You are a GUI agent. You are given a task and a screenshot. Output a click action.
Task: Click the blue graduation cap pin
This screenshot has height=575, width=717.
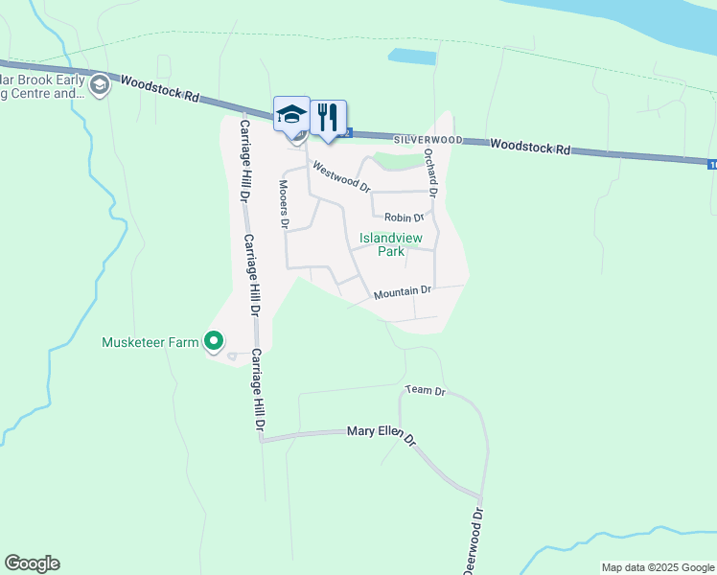(x=291, y=115)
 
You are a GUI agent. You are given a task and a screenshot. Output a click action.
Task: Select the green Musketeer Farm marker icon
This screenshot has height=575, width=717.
(x=214, y=341)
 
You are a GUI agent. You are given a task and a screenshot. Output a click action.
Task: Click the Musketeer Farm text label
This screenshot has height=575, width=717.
(x=150, y=342)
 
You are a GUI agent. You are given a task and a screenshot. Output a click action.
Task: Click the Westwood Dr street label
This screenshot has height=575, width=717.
(x=341, y=177)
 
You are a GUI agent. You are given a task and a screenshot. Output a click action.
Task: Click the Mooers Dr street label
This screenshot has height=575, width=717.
(x=284, y=203)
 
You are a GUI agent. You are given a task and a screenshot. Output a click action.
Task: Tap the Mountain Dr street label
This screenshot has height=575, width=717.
(x=403, y=291)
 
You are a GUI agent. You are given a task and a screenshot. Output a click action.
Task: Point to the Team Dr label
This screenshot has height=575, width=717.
(x=426, y=390)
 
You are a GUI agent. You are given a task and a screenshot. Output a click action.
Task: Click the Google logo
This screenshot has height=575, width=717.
(x=32, y=563)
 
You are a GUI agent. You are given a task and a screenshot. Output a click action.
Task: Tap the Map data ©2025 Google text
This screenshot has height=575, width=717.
(x=657, y=567)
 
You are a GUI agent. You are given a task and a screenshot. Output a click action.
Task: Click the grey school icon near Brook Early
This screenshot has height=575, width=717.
(x=99, y=86)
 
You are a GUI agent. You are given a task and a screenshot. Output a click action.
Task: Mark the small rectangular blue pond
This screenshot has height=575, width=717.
(x=411, y=56)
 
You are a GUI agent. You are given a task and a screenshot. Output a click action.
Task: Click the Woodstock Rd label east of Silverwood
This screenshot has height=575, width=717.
(x=530, y=146)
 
